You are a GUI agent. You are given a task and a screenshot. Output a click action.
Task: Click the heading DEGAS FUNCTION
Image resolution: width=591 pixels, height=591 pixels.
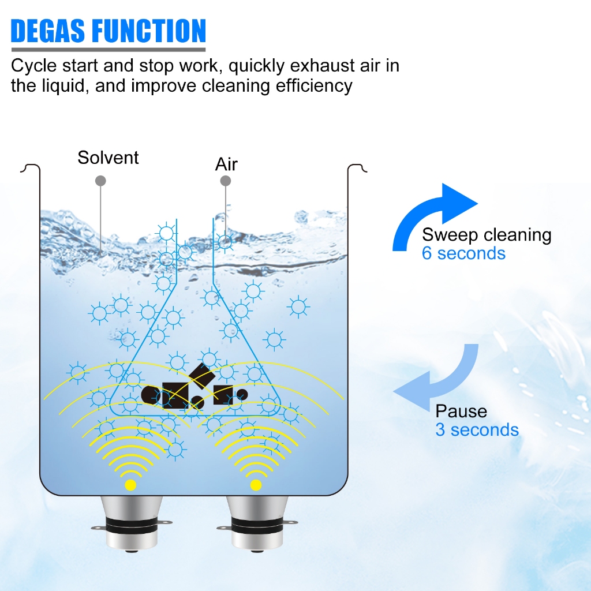pos(108,31)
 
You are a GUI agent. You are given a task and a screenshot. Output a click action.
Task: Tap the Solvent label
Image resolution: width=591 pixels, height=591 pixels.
pos(108,158)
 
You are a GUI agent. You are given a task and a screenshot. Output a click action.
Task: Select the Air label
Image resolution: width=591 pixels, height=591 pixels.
pos(226,164)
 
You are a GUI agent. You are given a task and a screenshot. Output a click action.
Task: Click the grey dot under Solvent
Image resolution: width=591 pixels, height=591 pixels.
pos(100,181)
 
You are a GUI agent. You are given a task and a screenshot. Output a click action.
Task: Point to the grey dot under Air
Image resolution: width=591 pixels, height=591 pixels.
pos(226,181)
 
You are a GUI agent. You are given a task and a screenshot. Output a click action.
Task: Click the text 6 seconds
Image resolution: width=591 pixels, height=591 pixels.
pos(463,253)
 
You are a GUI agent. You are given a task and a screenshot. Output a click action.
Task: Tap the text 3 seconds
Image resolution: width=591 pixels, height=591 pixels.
pos(477,430)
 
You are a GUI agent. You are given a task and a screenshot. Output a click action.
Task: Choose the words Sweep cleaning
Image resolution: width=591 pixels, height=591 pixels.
pos(487,235)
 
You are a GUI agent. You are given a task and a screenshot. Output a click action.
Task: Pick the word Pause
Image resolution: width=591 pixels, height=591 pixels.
pos(461,412)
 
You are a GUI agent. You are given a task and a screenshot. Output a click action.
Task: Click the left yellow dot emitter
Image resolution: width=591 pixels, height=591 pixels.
pos(130,485)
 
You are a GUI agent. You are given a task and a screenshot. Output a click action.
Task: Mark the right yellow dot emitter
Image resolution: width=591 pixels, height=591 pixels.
pos(256,485)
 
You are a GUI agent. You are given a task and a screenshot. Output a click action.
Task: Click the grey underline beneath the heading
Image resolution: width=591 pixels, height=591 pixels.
pos(108,50)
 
